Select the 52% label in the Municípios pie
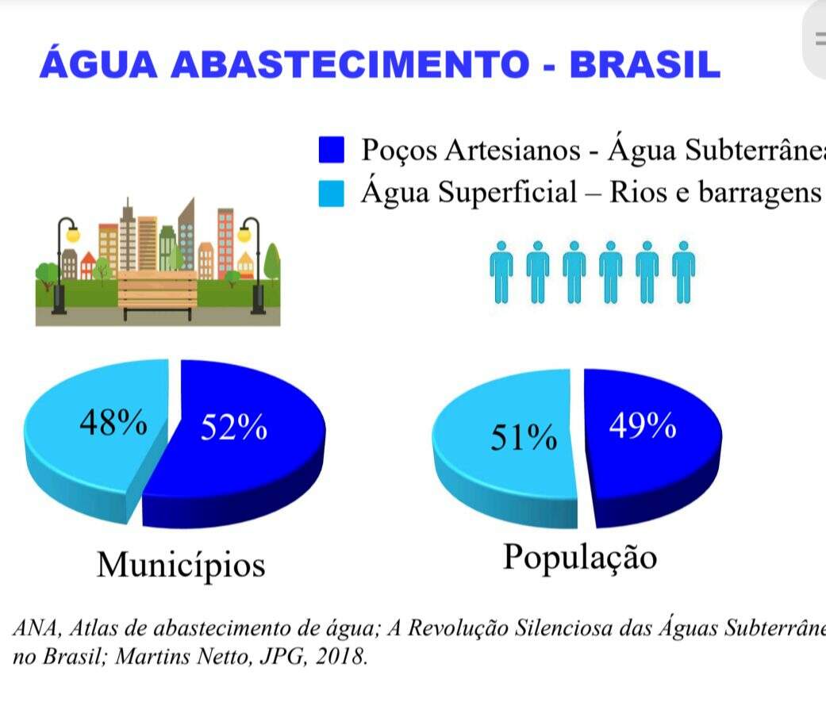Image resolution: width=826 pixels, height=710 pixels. coord(233,428)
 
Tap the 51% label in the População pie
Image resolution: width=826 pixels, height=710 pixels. coord(523,437)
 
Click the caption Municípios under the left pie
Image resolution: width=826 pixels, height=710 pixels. coord(181,565)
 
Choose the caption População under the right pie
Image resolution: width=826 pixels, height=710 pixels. coord(580,557)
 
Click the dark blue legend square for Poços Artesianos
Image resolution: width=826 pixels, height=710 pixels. coord(331,149)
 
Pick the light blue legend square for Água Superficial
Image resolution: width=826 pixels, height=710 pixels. coord(331,193)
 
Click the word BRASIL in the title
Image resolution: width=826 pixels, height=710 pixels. coord(644,64)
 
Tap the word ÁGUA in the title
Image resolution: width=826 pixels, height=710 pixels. coord(98,64)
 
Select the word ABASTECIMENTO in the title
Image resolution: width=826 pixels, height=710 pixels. coord(350,64)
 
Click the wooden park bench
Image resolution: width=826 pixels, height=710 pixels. coord(157,294)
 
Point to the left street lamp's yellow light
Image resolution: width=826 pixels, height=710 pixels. coord(72,235)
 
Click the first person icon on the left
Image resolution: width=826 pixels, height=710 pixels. coord(501,271)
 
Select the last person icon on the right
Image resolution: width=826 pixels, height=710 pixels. coord(683,271)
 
